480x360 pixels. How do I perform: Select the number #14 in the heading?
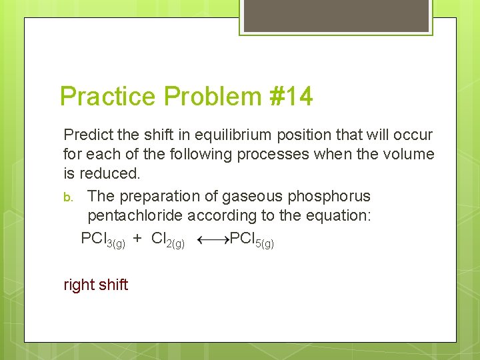290,97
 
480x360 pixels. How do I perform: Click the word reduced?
109,174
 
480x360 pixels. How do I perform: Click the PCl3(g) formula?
102,239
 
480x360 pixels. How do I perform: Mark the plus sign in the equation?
137,239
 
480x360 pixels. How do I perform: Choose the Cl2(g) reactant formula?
167,239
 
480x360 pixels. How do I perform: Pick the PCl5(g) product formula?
251,239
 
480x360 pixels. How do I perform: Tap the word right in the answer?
79,285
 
